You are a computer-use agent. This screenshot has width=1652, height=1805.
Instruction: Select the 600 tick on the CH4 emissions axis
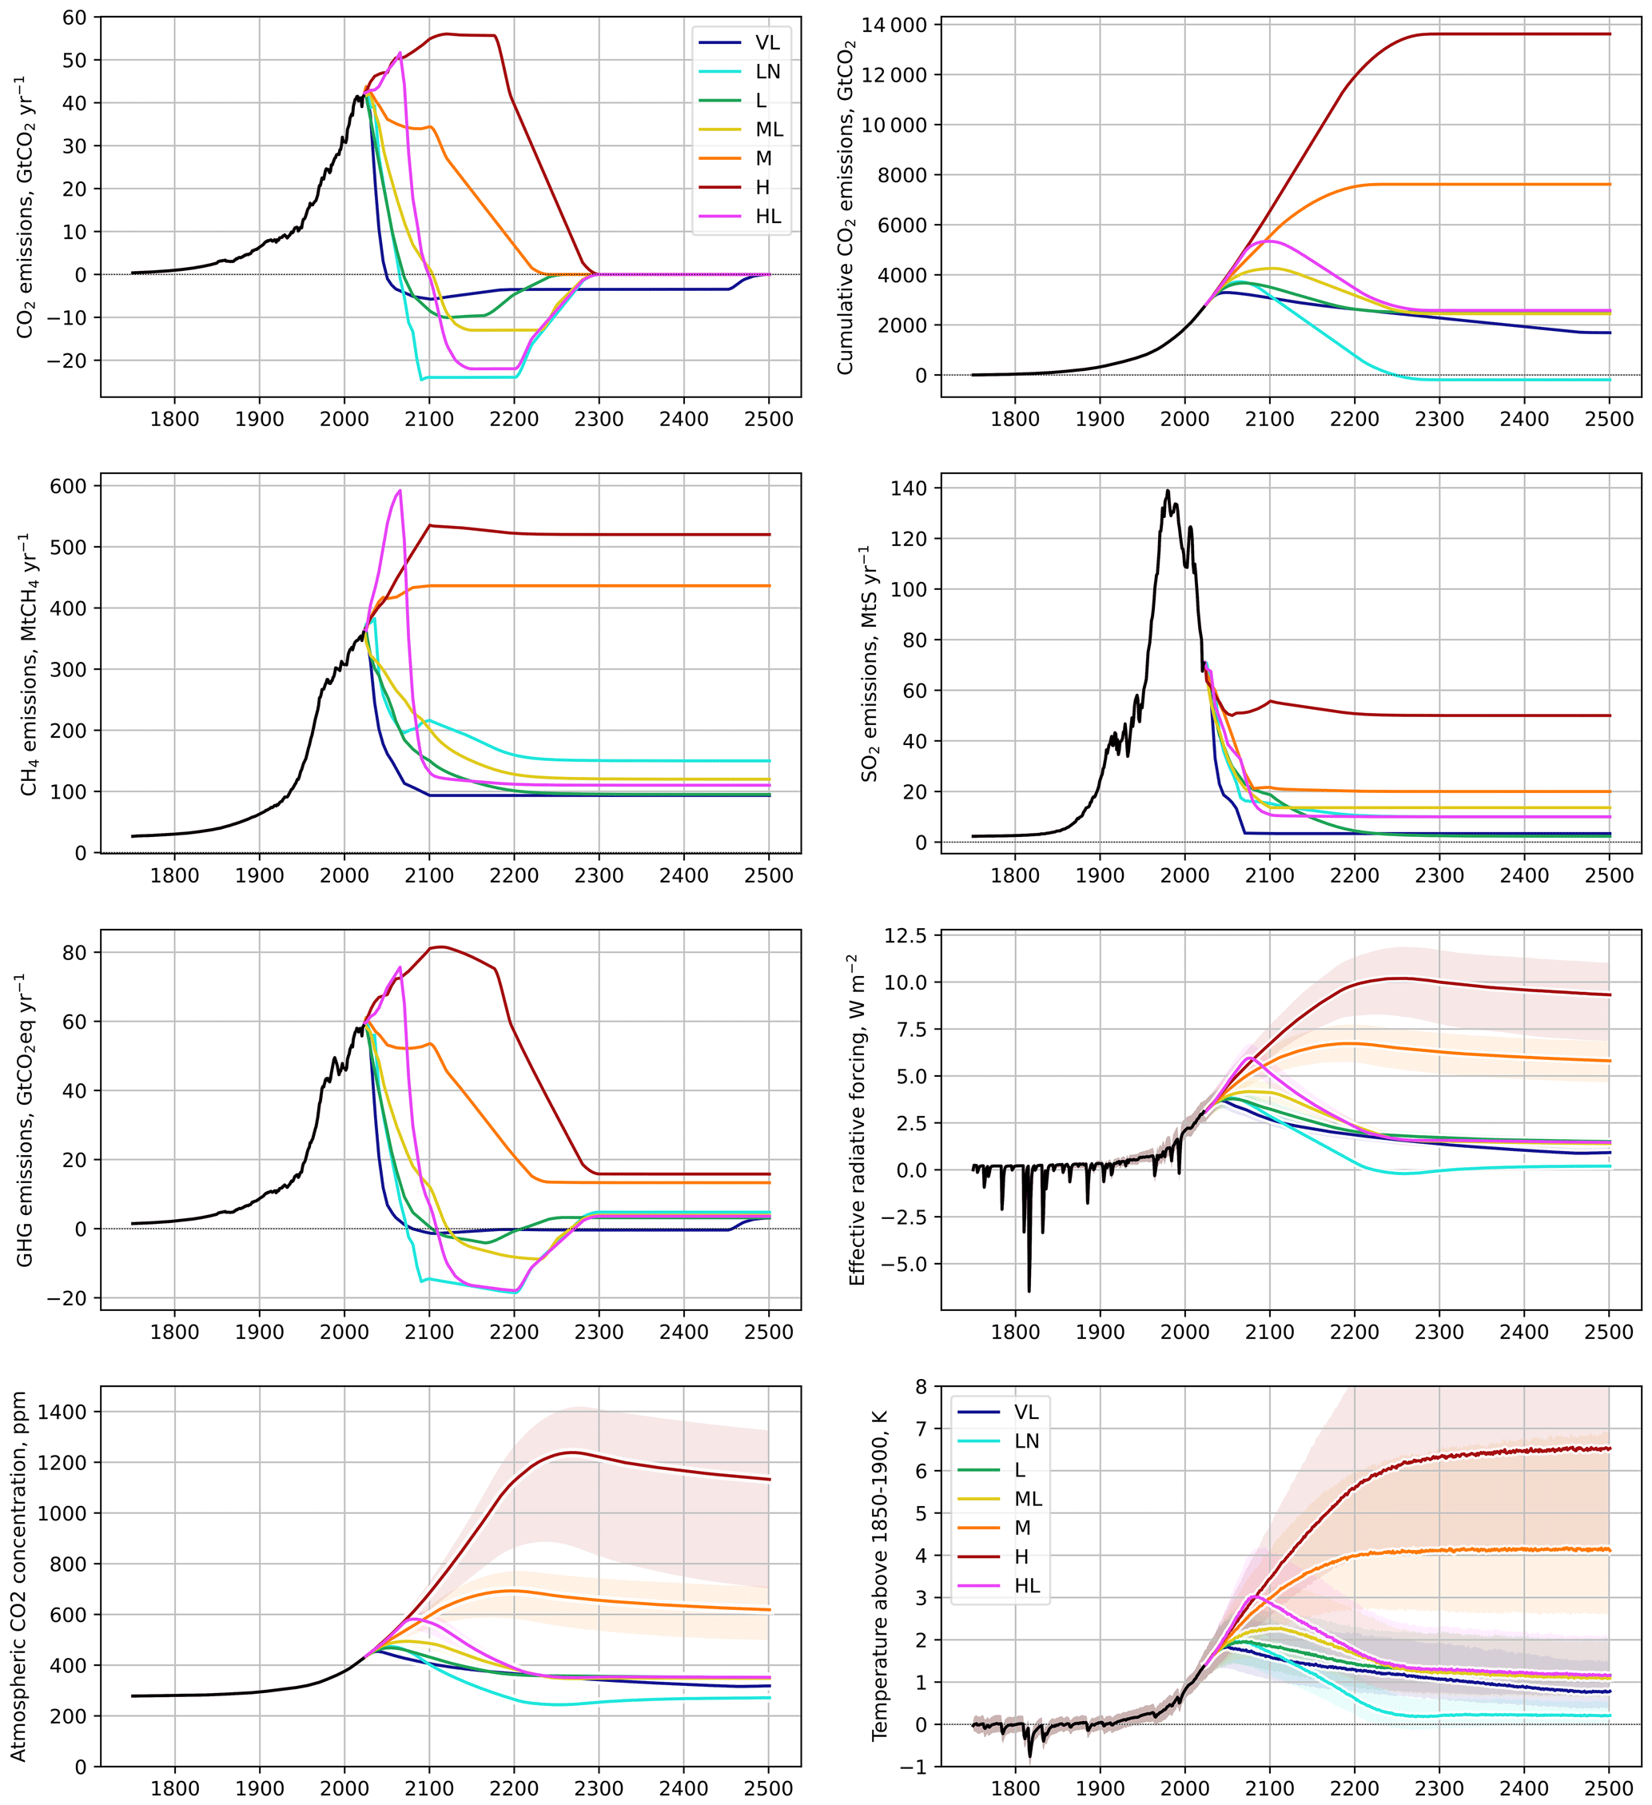(68, 486)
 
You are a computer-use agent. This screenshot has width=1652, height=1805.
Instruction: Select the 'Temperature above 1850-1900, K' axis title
(879, 1576)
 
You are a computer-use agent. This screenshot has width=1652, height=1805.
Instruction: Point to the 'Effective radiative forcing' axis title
(857, 1120)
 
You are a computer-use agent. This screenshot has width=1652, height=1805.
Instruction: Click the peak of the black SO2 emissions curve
(1168, 491)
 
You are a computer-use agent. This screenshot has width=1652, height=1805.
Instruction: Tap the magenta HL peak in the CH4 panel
(400, 490)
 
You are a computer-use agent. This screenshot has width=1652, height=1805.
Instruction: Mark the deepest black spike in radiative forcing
(1029, 1290)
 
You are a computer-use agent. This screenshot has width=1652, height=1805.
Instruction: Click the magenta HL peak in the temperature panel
(1256, 1596)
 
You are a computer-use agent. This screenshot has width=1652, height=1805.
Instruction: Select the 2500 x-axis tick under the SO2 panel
(1609, 875)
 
